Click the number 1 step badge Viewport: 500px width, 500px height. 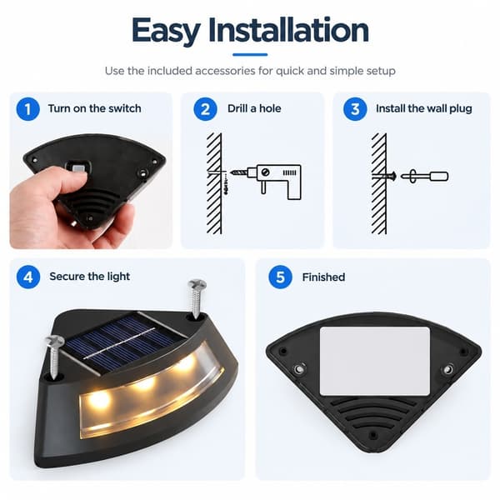point(28,109)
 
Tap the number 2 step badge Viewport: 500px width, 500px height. point(205,109)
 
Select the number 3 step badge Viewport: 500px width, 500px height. point(355,109)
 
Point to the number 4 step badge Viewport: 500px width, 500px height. point(28,277)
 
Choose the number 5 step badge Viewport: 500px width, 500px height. point(280,277)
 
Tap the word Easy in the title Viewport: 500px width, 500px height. point(166,32)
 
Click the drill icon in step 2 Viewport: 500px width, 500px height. point(274,182)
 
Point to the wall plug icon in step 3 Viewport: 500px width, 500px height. point(424,176)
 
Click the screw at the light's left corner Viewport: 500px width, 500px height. point(53,356)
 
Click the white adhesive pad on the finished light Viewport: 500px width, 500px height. point(375,361)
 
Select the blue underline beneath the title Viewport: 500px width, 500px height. point(250,54)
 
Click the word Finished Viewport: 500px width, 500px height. point(323,277)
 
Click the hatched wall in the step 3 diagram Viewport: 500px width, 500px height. point(379,183)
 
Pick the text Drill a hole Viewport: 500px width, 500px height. point(254,108)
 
